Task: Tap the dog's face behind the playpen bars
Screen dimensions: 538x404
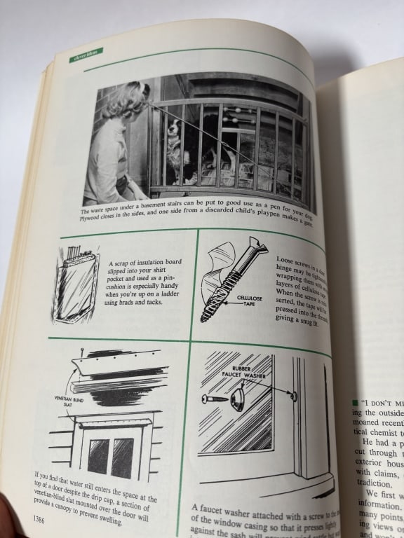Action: click(173, 132)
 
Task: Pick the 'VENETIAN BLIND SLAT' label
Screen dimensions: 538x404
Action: click(65, 396)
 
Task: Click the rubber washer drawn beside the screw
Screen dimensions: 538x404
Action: click(237, 400)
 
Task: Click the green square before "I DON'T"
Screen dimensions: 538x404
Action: click(355, 402)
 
